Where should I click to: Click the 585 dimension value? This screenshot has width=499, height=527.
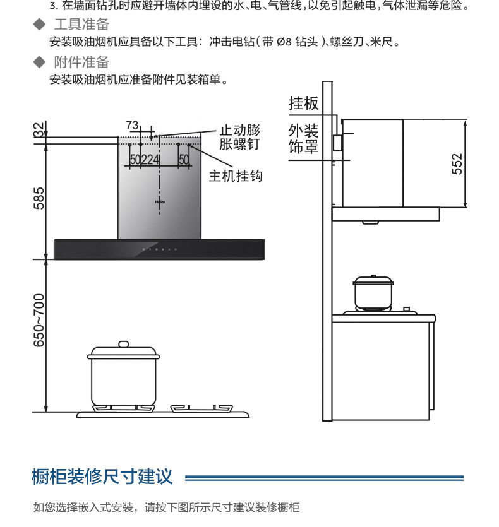(39, 199)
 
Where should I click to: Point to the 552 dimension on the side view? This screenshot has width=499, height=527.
(457, 163)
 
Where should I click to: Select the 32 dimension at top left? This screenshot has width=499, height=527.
(39, 129)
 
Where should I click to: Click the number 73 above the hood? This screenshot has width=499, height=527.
(131, 124)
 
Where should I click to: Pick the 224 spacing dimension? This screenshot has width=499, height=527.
(150, 160)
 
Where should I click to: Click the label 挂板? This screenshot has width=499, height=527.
(303, 103)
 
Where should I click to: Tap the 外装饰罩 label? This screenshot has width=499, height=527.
(303, 139)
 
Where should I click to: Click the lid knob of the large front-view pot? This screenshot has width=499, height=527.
(123, 344)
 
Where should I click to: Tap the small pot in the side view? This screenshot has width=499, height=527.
(373, 293)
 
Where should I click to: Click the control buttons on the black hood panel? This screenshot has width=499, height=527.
(160, 249)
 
